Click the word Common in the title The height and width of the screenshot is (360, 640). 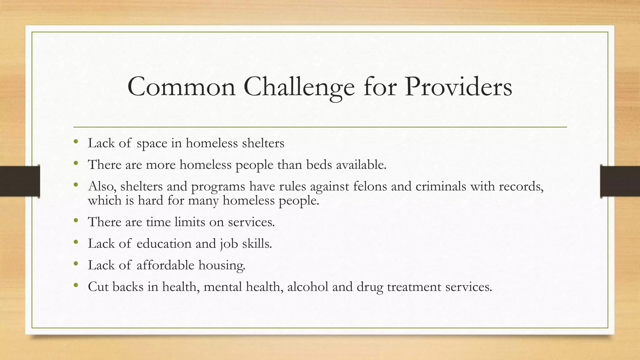(181, 87)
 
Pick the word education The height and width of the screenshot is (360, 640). (164, 244)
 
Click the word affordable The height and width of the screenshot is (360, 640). (165, 265)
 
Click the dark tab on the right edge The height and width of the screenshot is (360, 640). (620, 181)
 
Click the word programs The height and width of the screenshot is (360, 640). (218, 187)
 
